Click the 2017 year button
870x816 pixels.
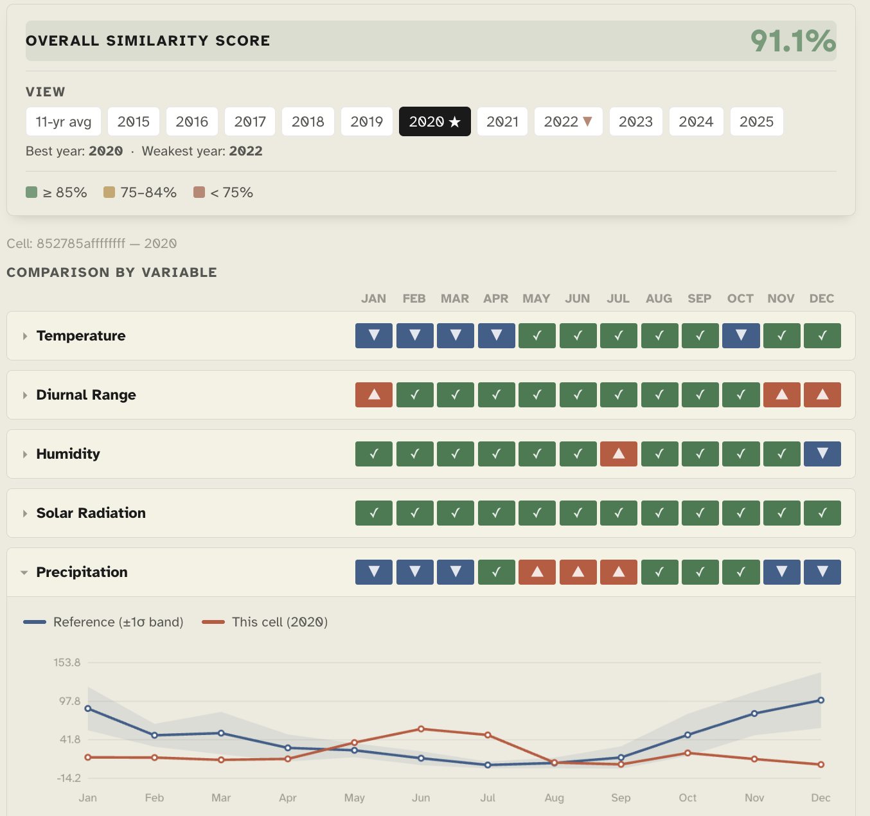[250, 121]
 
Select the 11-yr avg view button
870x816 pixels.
[64, 121]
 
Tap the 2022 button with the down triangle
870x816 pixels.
[568, 121]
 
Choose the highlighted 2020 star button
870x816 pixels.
[434, 121]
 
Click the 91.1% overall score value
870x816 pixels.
[793, 41]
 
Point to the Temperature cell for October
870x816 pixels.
[741, 335]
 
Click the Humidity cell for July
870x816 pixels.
[619, 454]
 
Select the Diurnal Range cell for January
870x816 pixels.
[374, 395]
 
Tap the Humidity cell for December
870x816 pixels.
[822, 454]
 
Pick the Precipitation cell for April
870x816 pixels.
[496, 572]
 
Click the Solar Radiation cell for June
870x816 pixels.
[578, 513]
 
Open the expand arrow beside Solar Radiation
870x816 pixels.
[25, 513]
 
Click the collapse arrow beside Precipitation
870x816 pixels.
[24, 572]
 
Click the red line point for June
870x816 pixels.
[421, 729]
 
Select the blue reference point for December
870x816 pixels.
[821, 700]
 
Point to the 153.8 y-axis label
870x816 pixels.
[67, 662]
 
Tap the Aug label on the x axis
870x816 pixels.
[554, 797]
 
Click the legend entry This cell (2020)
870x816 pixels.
[265, 622]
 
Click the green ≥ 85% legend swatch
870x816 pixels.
[31, 192]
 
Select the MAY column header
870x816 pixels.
[536, 298]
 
